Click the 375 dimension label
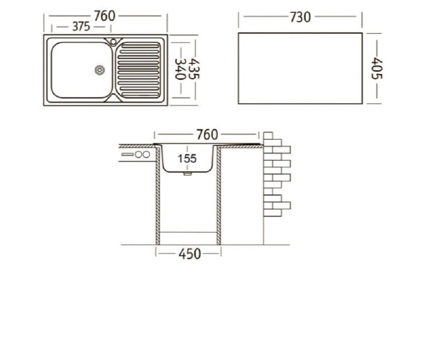point(81,27)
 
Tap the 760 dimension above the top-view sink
point(105,16)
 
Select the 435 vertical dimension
point(194,69)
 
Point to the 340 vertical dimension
point(180,69)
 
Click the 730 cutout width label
point(300,17)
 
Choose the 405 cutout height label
point(377,69)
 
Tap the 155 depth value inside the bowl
point(187,159)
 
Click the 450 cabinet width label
point(190,254)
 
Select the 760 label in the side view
point(207,135)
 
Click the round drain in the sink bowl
point(100,70)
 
